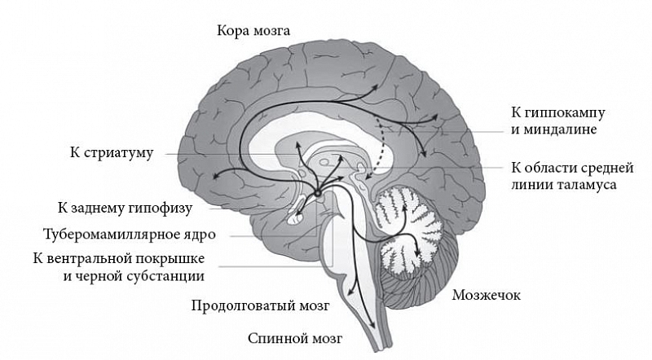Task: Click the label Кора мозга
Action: point(253,31)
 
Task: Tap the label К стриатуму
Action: point(111,153)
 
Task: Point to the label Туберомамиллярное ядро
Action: point(130,234)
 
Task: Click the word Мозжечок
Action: point(486,294)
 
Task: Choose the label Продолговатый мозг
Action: point(260,306)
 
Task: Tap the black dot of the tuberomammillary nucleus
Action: point(319,193)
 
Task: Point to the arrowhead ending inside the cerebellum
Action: point(421,259)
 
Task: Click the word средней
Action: point(605,169)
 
